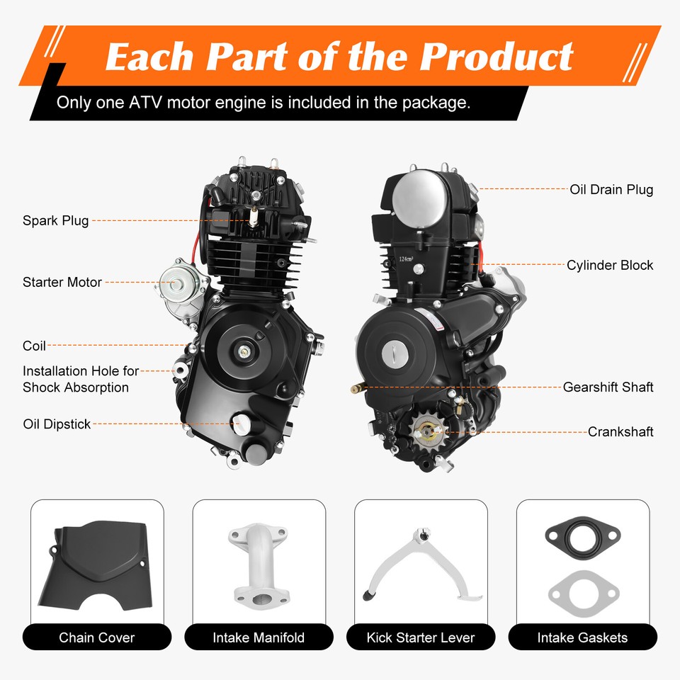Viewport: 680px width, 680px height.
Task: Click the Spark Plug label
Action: coord(56,220)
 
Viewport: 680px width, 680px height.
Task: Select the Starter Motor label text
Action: coord(62,282)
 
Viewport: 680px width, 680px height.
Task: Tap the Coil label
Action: coord(34,346)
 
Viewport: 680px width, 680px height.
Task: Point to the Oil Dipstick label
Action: coord(57,424)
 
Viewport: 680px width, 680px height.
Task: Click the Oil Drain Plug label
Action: coord(611,189)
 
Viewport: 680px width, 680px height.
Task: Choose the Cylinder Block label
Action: coord(610,265)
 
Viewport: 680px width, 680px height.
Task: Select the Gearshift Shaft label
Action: coord(608,387)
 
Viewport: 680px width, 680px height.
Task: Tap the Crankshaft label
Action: coord(620,431)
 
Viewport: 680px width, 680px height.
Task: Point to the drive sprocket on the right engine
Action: coord(429,429)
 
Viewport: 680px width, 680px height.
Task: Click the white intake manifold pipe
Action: coord(259,565)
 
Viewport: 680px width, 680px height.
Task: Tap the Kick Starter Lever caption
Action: coord(421,637)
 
